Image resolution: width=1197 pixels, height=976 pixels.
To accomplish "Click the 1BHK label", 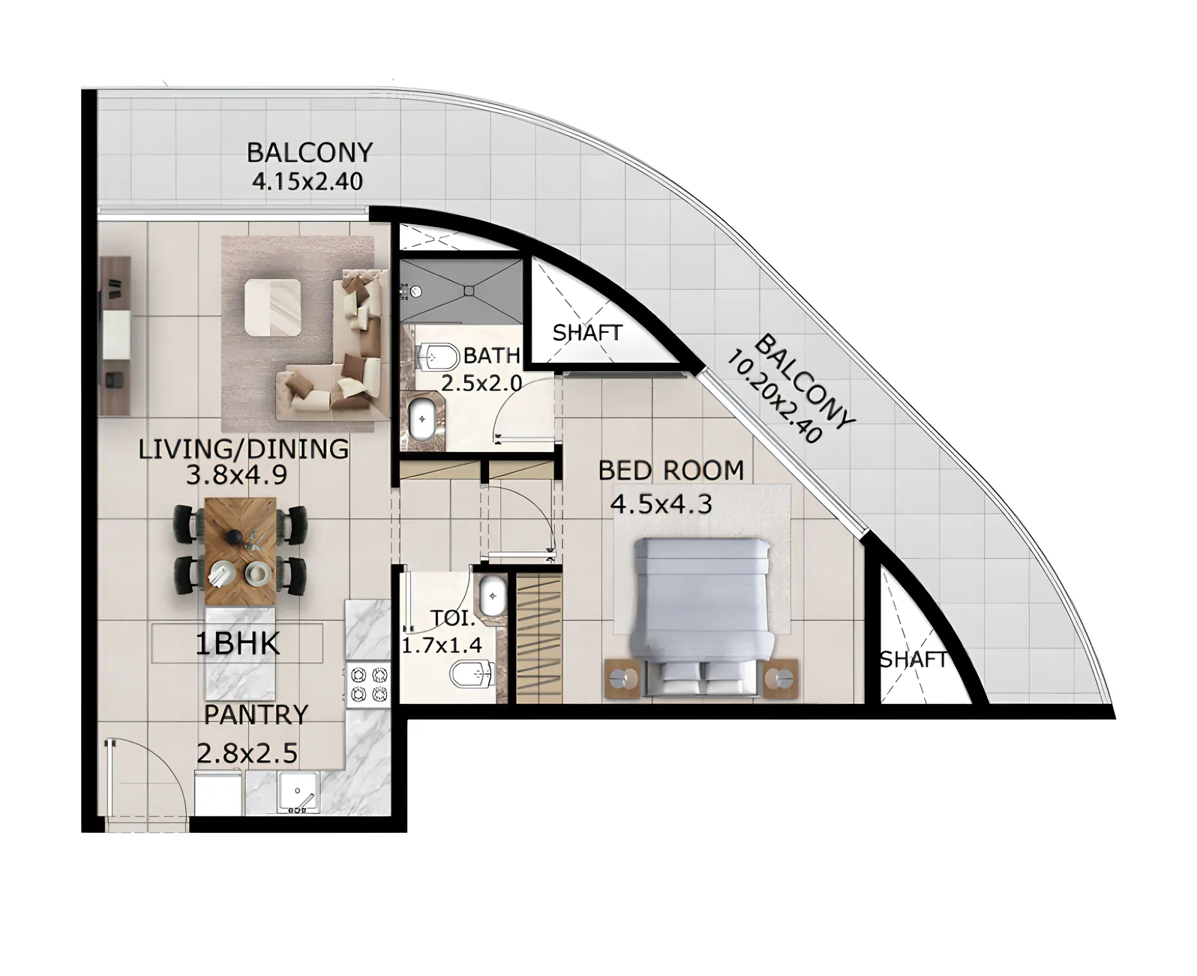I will click(238, 645).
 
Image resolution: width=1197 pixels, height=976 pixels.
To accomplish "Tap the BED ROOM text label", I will click(670, 471).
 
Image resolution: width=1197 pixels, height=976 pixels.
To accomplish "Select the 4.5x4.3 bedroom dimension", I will click(660, 504).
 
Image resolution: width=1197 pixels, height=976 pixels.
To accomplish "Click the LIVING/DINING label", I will click(244, 449).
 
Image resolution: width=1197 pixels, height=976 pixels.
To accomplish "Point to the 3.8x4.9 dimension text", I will click(236, 474).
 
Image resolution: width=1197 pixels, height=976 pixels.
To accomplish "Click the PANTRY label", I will click(256, 715).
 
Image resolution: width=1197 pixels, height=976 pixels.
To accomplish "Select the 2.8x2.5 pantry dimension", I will click(247, 752).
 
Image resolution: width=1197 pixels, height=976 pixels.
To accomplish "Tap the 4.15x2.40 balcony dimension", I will click(307, 181).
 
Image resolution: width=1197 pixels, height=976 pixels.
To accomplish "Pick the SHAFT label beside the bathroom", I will click(587, 332).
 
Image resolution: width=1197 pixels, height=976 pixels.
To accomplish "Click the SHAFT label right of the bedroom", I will click(913, 660).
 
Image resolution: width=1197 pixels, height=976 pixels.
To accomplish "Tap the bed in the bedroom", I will click(703, 615).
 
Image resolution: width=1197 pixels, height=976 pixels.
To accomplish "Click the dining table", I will click(241, 550).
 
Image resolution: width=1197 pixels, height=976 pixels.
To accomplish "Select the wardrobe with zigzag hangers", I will click(539, 637).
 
